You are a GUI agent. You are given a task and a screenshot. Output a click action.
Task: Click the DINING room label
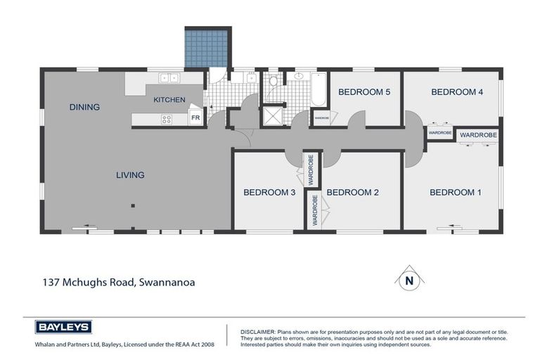pos(84,107)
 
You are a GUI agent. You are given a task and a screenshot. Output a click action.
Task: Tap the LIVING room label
pos(130,175)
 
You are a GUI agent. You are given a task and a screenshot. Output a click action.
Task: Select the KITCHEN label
pos(169,100)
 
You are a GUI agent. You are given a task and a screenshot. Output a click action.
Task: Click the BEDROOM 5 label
pos(364,92)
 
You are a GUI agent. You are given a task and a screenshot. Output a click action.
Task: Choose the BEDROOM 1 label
pos(456,193)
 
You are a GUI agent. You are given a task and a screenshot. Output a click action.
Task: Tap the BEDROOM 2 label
pos(353,193)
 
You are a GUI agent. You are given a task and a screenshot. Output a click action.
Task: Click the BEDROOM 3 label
pos(269,193)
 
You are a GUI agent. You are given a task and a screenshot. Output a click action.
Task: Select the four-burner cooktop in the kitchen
pos(167,119)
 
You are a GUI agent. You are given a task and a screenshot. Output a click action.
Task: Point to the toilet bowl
pos(274,82)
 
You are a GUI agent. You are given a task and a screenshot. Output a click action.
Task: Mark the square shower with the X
pos(272,116)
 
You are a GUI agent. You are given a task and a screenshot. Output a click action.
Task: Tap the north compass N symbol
pos(407,280)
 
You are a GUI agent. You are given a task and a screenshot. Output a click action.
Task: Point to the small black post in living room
pos(132,205)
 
